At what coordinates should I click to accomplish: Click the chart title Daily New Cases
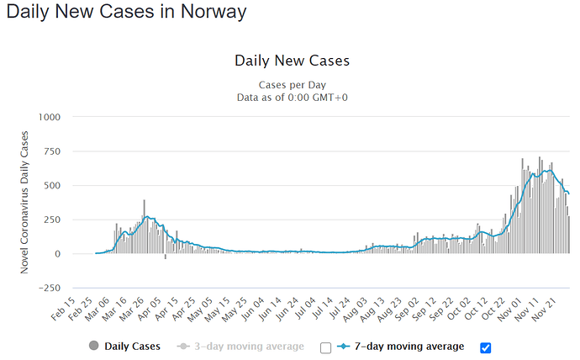coord(292,61)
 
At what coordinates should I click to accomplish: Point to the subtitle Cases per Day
coord(292,84)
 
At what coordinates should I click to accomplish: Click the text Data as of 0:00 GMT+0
coord(292,98)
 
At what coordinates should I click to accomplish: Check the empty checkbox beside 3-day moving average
coord(325,347)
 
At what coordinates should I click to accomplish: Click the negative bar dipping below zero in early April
coord(166,257)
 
